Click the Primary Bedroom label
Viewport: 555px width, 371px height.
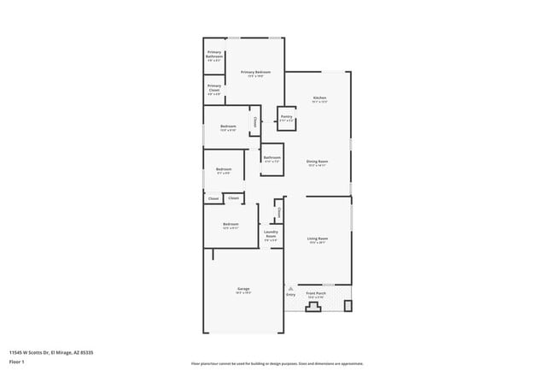[255, 73]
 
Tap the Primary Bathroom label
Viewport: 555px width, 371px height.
[214, 57]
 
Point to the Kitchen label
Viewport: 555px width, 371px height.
[318, 99]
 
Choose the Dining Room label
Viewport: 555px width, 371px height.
[318, 162]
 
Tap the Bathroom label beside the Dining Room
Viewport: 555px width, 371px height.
[272, 157]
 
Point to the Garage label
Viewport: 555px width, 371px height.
[242, 289]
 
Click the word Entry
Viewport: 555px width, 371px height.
[290, 296]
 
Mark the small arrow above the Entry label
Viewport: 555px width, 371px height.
[290, 290]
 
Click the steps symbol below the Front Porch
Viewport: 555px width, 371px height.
[313, 306]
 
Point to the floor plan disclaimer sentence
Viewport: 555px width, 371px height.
[278, 363]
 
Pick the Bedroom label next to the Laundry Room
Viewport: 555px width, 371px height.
[231, 225]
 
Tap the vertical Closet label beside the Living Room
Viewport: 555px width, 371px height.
[279, 212]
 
